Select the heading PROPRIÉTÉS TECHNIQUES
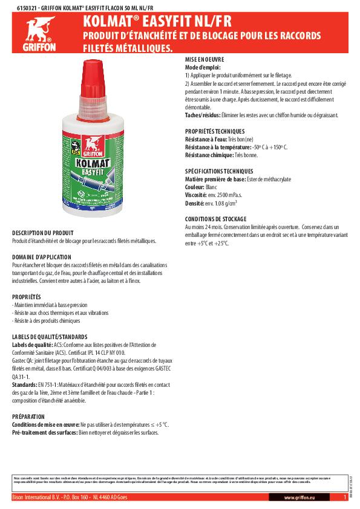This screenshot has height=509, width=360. (214, 131)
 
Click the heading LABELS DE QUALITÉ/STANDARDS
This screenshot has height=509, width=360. (50, 336)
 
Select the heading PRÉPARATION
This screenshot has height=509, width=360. (28, 417)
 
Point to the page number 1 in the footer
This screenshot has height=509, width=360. (344, 497)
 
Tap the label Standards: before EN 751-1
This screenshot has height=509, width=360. (25, 384)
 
